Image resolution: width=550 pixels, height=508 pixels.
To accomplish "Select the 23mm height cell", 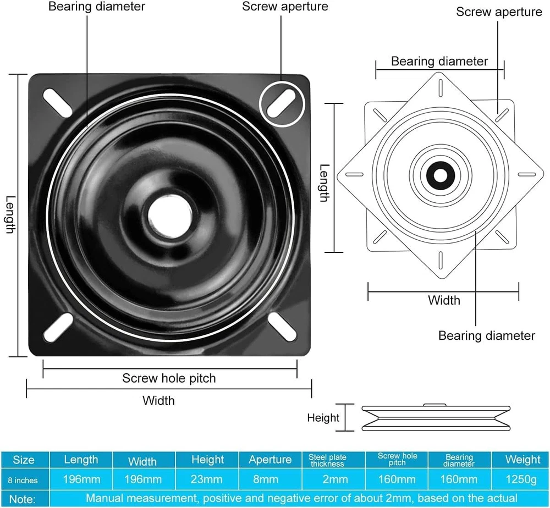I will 207,480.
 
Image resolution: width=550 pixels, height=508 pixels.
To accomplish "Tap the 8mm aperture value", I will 269,480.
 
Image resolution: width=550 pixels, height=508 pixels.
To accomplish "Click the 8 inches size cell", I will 23,481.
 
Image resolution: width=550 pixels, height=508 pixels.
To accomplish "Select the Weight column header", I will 522,460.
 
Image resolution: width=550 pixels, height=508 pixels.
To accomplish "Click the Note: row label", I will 23,499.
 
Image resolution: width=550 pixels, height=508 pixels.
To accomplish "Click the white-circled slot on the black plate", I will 283,103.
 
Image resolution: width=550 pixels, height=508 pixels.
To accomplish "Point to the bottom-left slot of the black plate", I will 58,328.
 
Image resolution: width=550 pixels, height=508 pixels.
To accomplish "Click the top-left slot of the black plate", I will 57,101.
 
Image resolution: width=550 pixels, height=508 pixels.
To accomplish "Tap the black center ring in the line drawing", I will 441,175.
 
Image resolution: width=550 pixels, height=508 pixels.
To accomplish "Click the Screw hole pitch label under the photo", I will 169,378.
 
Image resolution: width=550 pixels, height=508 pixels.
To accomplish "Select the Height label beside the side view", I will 323,418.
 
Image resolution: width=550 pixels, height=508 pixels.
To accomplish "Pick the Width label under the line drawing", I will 444,300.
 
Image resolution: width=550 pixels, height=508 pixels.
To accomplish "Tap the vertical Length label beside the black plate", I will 9,214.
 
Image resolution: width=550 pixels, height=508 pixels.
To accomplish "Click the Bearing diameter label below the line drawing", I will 486,335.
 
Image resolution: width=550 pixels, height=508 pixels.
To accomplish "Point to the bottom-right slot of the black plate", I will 282,327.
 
